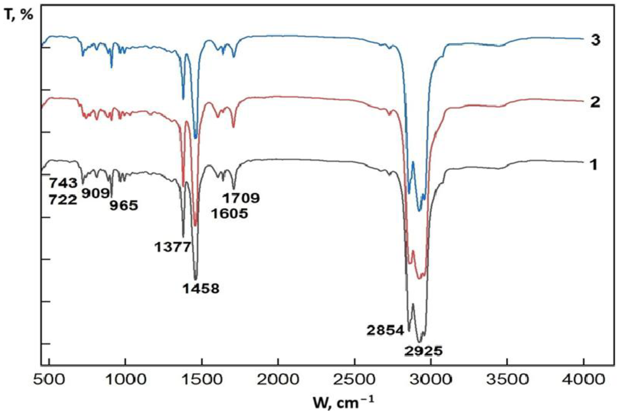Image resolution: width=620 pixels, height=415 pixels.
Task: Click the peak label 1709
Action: (x=241, y=198)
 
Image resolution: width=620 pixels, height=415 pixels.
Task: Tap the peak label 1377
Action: (x=172, y=247)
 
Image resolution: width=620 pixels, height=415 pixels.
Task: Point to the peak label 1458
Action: (x=201, y=289)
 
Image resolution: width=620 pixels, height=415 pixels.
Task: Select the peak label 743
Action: (x=64, y=183)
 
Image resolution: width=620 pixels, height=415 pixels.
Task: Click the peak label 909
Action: (x=96, y=194)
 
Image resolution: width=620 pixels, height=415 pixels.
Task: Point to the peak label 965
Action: (x=124, y=206)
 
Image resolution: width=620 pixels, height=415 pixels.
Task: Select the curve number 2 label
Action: (x=595, y=102)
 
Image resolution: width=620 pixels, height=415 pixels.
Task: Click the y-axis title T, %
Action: (x=19, y=15)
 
